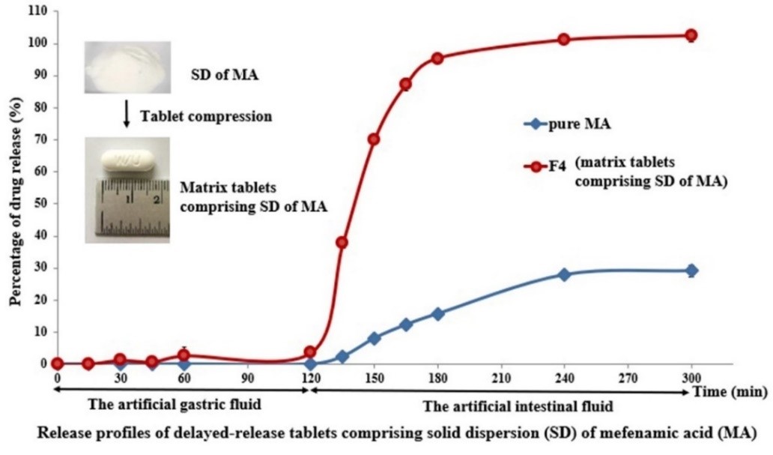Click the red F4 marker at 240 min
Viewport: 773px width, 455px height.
564,39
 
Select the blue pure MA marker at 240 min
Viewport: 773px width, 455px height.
564,274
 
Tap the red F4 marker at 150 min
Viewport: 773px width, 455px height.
374,139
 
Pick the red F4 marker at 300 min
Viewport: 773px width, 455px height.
691,35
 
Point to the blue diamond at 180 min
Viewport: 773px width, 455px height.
437,313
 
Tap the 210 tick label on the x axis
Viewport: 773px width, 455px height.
500,377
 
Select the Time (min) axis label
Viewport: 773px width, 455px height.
732,391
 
